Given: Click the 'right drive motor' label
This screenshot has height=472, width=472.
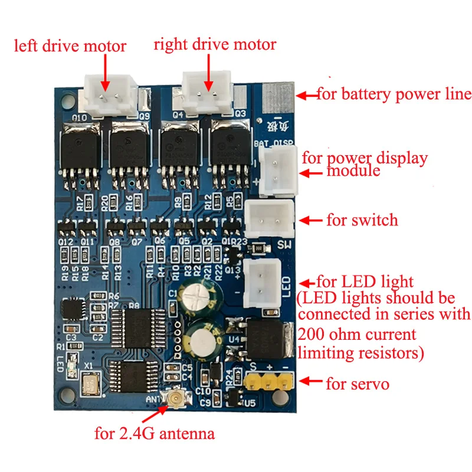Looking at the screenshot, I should pyautogui.click(x=215, y=45).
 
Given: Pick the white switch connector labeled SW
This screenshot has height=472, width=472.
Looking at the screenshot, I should pyautogui.click(x=270, y=219).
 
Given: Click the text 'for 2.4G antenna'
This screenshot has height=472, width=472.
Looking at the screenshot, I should pyautogui.click(x=155, y=435).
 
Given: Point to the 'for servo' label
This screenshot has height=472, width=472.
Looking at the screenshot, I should pyautogui.click(x=358, y=384).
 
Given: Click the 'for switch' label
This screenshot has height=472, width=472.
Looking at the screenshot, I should pyautogui.click(x=362, y=221).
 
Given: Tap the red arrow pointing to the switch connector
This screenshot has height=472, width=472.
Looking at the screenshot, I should pyautogui.click(x=311, y=221).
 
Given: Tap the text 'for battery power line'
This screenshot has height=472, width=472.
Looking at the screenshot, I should pyautogui.click(x=394, y=94).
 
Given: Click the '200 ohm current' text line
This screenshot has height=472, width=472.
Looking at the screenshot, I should pyautogui.click(x=357, y=335).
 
